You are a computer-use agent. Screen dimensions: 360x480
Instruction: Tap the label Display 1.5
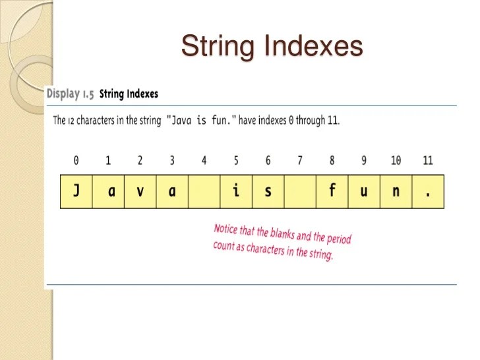click(x=70, y=94)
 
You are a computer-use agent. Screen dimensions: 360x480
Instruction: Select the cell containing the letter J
click(x=76, y=191)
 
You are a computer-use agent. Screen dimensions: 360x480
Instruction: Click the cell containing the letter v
click(x=140, y=191)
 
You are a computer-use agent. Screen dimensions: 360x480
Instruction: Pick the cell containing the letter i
click(x=236, y=191)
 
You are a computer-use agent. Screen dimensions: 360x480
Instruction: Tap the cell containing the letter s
click(x=268, y=191)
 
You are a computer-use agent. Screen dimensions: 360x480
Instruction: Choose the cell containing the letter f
click(x=332, y=191)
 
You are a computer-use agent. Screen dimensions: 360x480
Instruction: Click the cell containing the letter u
click(x=364, y=191)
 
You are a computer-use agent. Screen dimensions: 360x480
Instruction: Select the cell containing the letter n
click(x=396, y=191)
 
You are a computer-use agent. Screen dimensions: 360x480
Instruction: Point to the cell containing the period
click(x=428, y=191)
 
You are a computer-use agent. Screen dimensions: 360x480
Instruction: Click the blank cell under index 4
click(x=204, y=191)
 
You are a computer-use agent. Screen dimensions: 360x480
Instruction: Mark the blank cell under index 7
click(x=300, y=191)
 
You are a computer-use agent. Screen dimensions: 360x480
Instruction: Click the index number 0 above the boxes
click(x=76, y=160)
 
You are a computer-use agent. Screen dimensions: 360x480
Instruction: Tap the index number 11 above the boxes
click(x=428, y=160)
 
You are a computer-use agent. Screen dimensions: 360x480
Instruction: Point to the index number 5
click(x=236, y=160)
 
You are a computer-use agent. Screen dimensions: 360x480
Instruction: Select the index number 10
click(x=396, y=160)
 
